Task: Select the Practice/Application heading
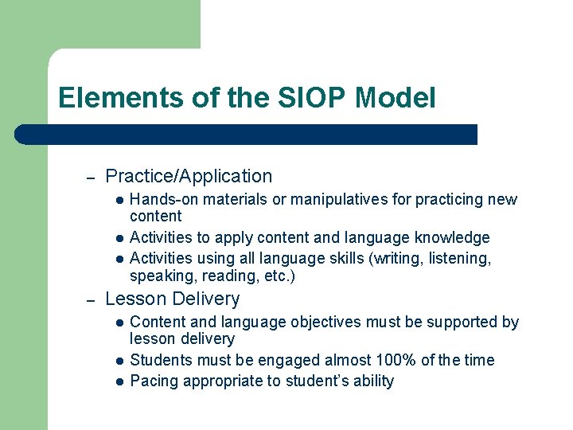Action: (189, 177)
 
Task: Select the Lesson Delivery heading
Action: (172, 299)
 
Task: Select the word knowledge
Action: (454, 238)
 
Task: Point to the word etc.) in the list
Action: (280, 277)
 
